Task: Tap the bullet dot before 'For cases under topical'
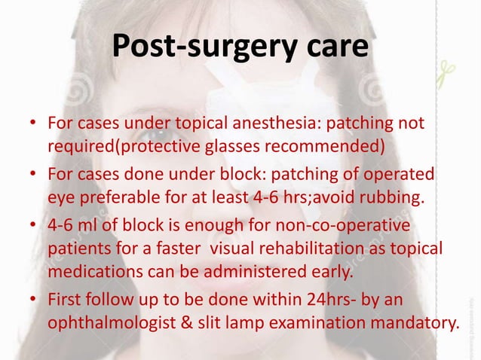click(35, 123)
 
